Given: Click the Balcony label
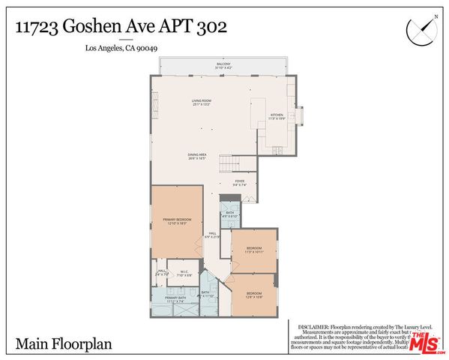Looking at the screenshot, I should coord(223,65).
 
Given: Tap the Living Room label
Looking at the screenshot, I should coord(201,102).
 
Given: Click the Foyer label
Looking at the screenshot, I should coord(239,182).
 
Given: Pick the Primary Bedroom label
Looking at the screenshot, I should coord(178,220).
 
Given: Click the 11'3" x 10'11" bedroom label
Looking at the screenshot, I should coord(254,249).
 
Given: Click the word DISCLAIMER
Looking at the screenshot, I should coord(313,327).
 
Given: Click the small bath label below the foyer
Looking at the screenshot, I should coord(230,214).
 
